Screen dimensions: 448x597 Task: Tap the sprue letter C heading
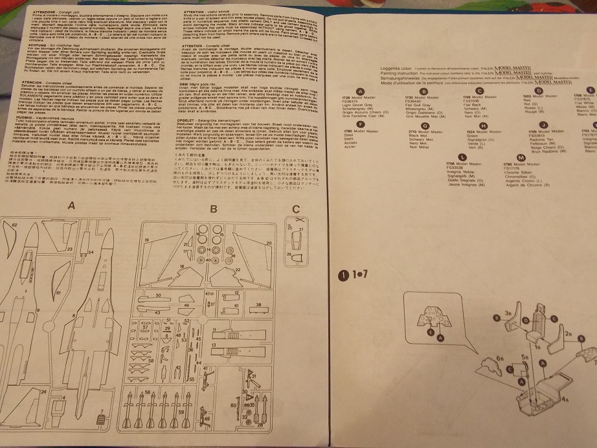[295, 208]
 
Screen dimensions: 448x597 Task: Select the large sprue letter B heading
[214, 208]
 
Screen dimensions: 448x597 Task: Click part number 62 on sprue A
[13, 224]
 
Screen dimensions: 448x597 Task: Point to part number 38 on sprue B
[258, 304]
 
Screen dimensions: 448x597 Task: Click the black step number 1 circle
[343, 274]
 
